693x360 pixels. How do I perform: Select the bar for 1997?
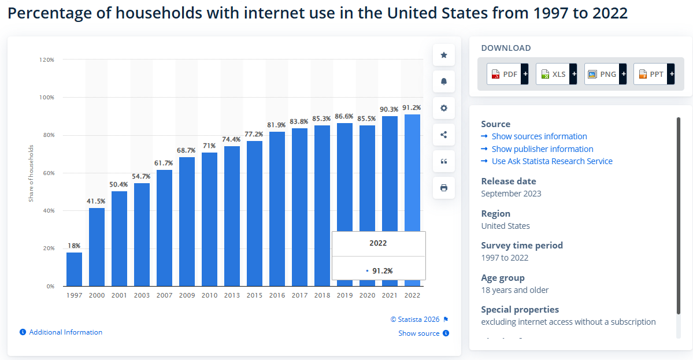coord(74,269)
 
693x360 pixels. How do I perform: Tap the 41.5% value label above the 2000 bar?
coord(97,201)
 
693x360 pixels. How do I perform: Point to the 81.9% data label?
coord(277,125)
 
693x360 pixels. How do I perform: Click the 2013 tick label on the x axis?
coord(232,295)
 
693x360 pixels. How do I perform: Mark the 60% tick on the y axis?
coord(47,173)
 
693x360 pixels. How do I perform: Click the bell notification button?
coord(444,81)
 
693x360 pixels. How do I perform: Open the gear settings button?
coord(444,108)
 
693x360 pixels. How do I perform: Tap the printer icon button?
coord(444,188)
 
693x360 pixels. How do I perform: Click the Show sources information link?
coord(539,136)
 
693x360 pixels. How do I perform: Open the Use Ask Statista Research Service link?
coord(551,161)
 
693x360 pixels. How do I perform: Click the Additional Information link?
coord(65,332)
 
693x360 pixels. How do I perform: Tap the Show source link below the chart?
coord(419,333)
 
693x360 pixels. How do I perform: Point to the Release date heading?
coord(509,181)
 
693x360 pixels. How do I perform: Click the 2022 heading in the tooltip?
coord(378,243)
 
